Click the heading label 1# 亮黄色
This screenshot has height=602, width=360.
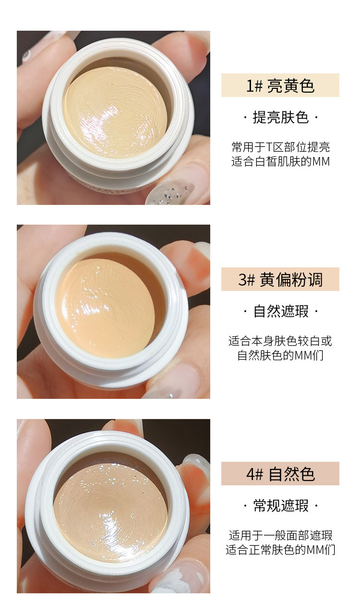pos(280,86)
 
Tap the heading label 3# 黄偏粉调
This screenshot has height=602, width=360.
pos(280,279)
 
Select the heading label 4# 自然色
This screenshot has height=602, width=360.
pos(280,474)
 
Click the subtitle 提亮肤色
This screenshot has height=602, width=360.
pos(280,118)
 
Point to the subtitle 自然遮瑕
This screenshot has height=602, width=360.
pos(281,312)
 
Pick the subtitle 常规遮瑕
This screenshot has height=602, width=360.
pos(281,506)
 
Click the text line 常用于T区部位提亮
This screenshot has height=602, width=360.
pos(280,147)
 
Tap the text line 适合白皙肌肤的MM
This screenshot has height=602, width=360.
pos(280,161)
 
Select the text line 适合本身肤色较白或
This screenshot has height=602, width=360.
pos(280,341)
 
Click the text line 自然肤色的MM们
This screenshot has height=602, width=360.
pos(280,356)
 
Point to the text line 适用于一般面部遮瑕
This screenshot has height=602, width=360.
pos(280,535)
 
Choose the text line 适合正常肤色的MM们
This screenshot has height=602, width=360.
pos(280,550)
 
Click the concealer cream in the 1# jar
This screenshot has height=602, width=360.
pos(116,112)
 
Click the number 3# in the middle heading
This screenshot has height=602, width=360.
pos(247,280)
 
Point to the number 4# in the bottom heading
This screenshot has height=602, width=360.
pos(254,474)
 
